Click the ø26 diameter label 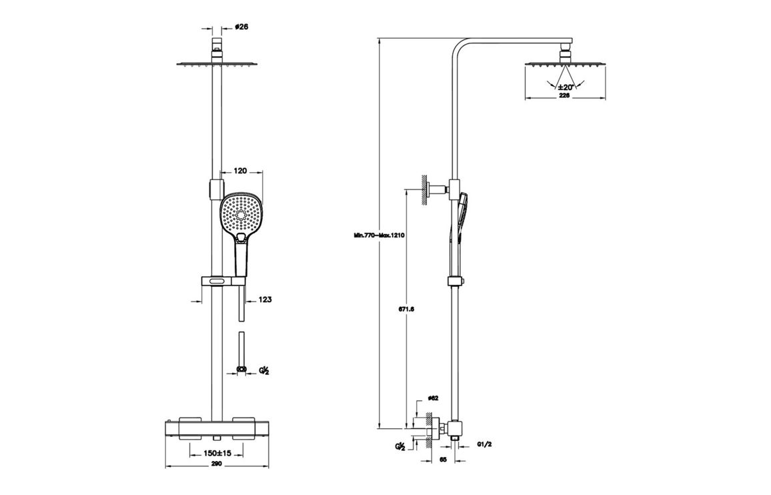241,27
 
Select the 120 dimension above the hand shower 241,171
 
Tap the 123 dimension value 265,300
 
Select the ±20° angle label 566,87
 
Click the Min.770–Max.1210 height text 380,235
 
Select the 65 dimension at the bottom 444,460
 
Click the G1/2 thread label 484,444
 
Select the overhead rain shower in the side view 566,63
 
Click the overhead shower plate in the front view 217,65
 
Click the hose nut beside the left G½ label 241,368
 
